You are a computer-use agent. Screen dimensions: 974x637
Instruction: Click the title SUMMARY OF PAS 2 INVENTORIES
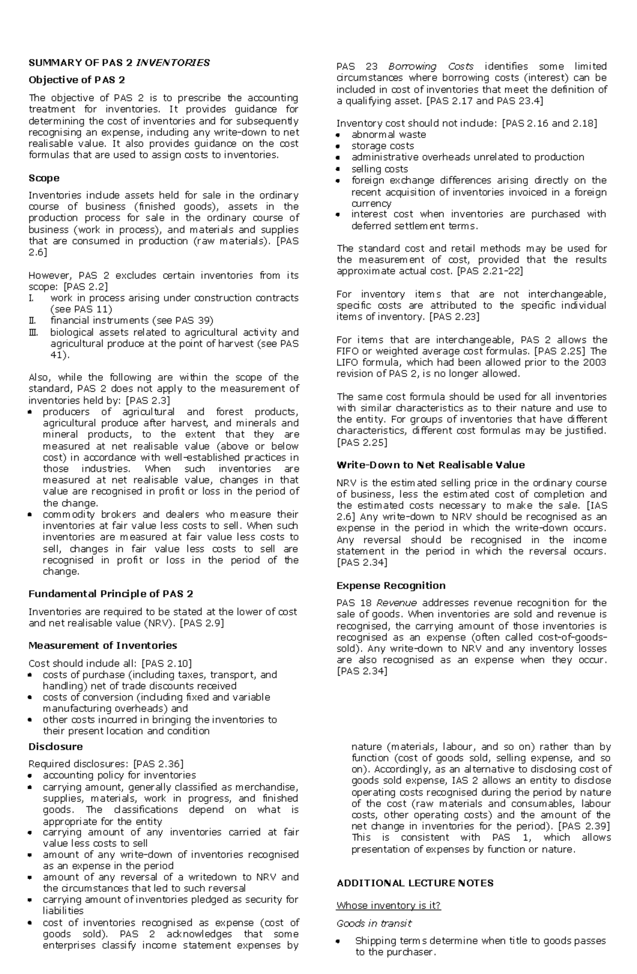(x=119, y=63)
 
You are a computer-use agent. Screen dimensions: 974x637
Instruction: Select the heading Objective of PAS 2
(x=76, y=80)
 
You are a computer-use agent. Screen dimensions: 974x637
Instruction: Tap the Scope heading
(x=44, y=178)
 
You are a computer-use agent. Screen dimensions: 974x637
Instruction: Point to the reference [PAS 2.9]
(x=202, y=623)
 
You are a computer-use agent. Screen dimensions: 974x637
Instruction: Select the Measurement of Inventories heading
(x=102, y=645)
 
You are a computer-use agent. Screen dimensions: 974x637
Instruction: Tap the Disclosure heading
(x=55, y=747)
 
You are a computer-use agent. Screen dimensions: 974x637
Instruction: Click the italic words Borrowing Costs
(x=431, y=66)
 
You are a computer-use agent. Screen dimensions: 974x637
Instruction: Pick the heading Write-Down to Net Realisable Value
(x=431, y=465)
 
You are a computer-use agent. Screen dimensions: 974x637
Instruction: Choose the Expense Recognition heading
(x=391, y=585)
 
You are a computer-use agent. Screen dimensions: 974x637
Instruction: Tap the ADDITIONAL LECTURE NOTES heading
(x=415, y=883)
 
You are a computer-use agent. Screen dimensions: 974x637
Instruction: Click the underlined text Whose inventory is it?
(x=389, y=906)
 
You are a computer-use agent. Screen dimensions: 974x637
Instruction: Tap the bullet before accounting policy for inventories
(x=31, y=776)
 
